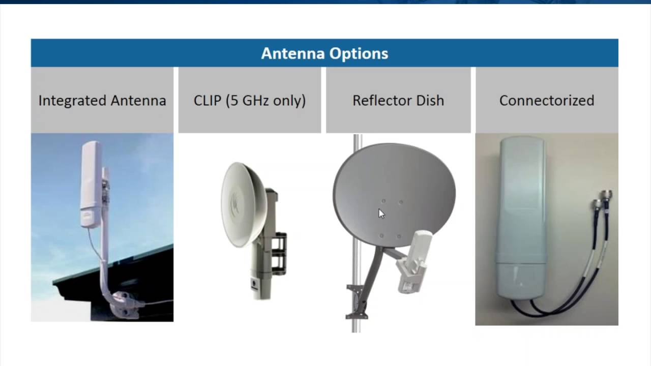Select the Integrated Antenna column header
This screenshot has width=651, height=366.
[102, 101]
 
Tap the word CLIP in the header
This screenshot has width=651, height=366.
[208, 101]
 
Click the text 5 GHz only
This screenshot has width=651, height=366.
[264, 101]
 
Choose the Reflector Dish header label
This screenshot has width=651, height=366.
[398, 101]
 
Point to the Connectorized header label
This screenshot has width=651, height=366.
[547, 101]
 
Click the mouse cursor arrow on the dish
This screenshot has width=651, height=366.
[381, 213]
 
